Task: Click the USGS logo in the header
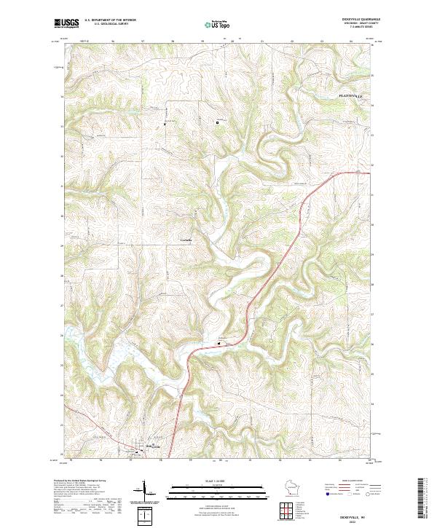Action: tap(67, 23)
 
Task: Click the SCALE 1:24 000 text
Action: tap(207, 481)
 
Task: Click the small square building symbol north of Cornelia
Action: tap(217, 122)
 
